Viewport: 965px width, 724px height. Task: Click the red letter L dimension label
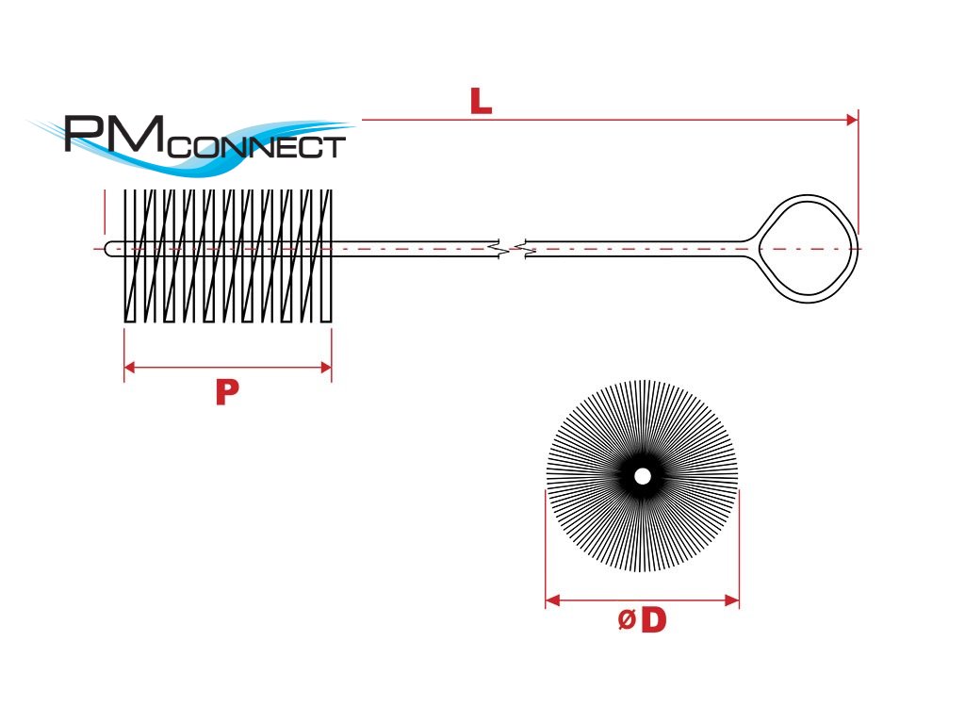(481, 102)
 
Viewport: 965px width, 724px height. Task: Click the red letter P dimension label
(224, 393)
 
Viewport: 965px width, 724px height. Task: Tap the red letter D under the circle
(653, 620)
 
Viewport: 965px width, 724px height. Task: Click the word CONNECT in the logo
(259, 148)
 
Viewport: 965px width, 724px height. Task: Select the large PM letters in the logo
(113, 134)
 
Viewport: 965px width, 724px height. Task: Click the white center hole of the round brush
(643, 476)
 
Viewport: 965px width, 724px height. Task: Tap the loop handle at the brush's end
(807, 248)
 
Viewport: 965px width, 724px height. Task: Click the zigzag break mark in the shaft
(512, 250)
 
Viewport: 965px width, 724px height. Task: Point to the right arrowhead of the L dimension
(852, 120)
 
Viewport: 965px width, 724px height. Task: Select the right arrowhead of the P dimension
(326, 367)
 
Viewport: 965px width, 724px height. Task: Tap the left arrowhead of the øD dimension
(552, 600)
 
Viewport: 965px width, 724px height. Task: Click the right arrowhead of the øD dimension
(732, 600)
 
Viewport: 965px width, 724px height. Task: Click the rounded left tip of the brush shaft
(109, 249)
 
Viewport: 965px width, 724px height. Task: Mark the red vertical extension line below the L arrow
(858, 179)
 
